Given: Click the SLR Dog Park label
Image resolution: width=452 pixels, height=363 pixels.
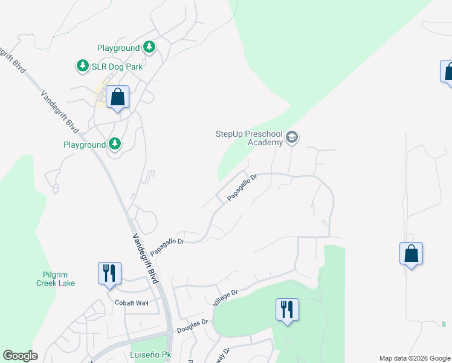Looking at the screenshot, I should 117,67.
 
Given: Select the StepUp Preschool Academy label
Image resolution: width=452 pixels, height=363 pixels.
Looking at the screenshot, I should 249,138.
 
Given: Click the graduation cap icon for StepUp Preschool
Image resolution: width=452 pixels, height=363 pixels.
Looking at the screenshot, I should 292,137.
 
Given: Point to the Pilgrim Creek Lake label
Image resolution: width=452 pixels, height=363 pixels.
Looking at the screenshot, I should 55,279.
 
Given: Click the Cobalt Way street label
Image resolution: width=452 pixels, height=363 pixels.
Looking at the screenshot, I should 132,302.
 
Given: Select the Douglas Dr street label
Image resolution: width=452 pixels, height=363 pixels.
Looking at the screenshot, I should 192,327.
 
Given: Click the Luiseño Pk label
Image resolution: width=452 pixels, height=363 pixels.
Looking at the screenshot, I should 147,354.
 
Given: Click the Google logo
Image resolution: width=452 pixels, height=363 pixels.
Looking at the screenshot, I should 20,356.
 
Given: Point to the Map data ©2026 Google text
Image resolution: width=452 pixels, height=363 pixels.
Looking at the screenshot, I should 414,358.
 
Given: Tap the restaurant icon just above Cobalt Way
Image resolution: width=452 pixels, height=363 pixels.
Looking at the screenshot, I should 109,273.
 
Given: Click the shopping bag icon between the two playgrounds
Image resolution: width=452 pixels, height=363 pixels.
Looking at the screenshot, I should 117,97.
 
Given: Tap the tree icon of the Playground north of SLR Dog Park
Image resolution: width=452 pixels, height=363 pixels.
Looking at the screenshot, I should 149,47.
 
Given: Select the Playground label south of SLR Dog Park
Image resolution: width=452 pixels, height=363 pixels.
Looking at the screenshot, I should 85,145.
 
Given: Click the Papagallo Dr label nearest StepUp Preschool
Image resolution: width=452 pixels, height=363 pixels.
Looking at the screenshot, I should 242,188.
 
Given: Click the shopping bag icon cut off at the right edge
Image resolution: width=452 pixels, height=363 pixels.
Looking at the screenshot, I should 448,72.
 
